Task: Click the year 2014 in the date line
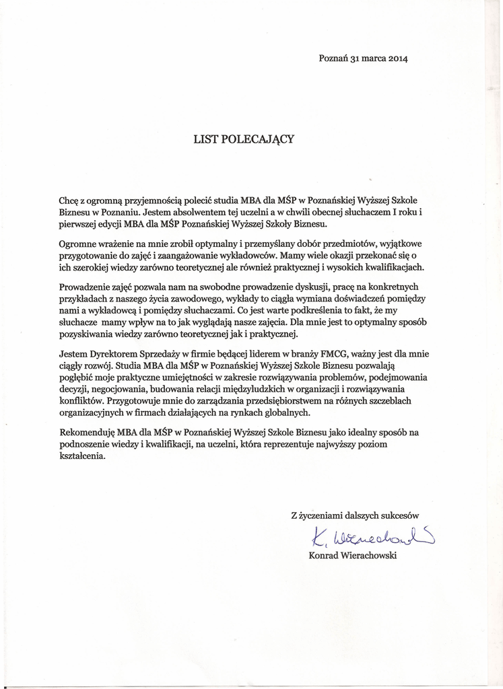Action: coord(397,58)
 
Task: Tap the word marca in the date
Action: coord(369,58)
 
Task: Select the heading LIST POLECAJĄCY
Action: coord(244,139)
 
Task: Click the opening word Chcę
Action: coord(69,200)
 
